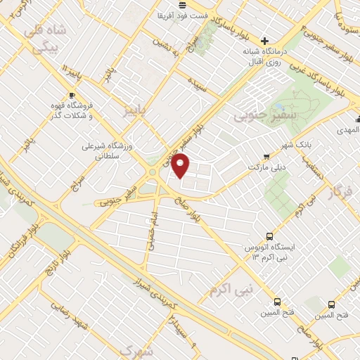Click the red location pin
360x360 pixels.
181,166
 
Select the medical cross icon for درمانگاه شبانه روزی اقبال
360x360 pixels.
265,41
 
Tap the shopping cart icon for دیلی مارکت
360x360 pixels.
265,157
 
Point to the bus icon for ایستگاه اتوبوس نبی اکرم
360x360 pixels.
269,238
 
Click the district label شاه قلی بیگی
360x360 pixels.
44,39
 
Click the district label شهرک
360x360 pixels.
136,349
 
